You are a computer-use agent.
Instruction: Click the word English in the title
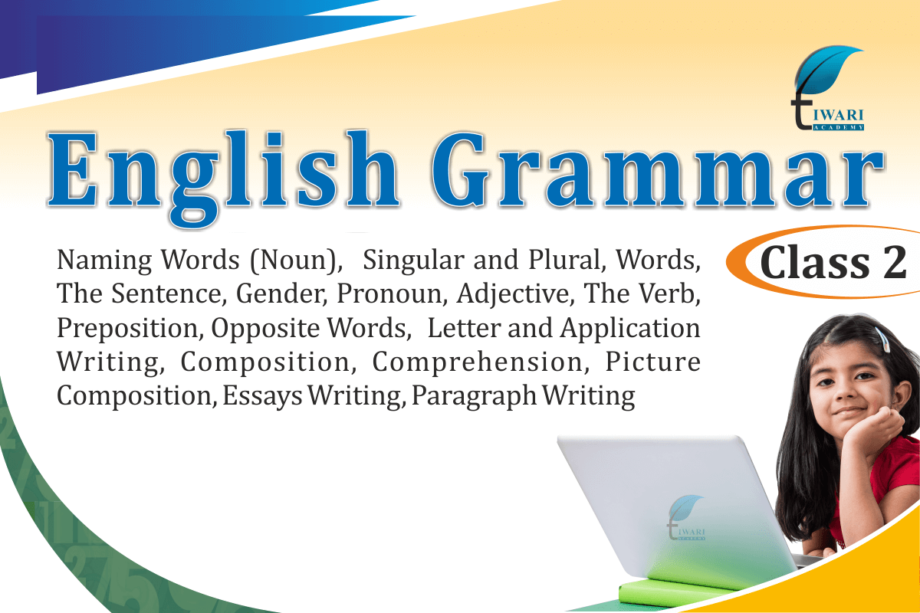click(x=223, y=179)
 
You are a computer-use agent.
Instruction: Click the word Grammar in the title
click(x=657, y=169)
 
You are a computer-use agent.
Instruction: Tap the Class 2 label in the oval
click(x=833, y=263)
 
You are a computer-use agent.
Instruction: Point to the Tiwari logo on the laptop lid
click(x=686, y=517)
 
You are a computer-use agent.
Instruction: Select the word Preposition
click(x=130, y=329)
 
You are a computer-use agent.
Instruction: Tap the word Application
click(x=630, y=329)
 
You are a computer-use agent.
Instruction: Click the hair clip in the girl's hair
click(x=882, y=339)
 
